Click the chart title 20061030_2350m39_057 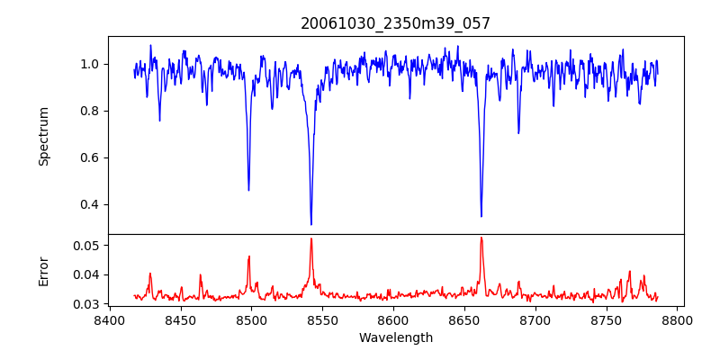(x=395, y=23)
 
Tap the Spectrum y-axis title (x=44, y=136)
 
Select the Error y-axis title (x=44, y=270)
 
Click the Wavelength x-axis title (x=395, y=338)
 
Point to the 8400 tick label (x=110, y=319)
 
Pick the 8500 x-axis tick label (x=251, y=319)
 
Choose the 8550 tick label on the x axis (x=322, y=319)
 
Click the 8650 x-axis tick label (x=464, y=319)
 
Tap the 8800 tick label (x=677, y=319)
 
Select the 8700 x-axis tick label (x=535, y=319)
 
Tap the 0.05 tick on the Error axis (x=86, y=245)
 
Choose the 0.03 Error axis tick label (x=86, y=304)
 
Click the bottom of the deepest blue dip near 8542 (x=311, y=224)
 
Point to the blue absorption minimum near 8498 (x=249, y=190)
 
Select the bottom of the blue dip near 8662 (x=481, y=216)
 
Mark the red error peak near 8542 (x=311, y=238)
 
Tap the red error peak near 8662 (x=481, y=238)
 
